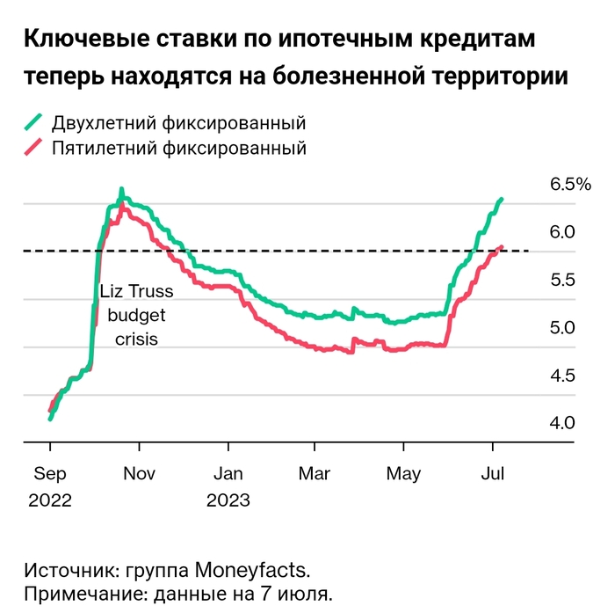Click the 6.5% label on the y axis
coord(570,185)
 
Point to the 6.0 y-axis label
coord(563,232)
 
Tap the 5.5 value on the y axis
coord(563,280)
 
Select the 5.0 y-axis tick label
coord(563,328)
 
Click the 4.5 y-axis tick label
coord(563,376)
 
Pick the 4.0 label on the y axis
coord(563,423)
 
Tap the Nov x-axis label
coord(139,474)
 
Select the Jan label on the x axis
coord(228,474)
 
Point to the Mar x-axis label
coord(315,474)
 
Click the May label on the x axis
coord(404,474)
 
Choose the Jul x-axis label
coord(493,474)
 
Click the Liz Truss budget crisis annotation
coord(136,314)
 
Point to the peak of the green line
coord(122,190)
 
